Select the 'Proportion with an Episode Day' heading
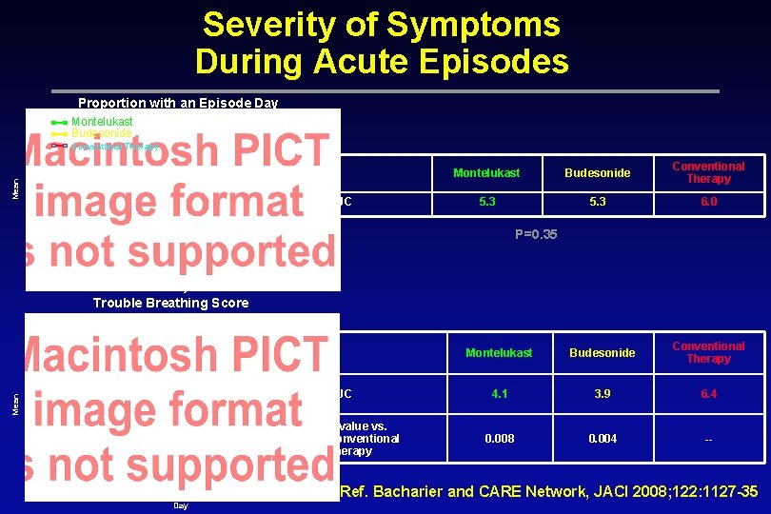tap(178, 103)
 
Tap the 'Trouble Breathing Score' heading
tap(170, 303)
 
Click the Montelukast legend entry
tap(102, 122)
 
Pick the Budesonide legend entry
tap(101, 133)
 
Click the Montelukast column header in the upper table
tap(486, 173)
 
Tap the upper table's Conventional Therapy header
tap(708, 172)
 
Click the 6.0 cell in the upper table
tap(708, 202)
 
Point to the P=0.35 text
tap(535, 233)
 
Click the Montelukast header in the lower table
tap(499, 352)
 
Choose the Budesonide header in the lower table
tap(602, 352)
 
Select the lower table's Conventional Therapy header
tap(708, 352)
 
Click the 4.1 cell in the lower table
tap(499, 393)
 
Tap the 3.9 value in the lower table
tap(602, 393)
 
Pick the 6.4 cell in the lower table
tap(708, 393)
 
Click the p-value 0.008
tap(499, 439)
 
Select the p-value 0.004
tap(602, 439)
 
